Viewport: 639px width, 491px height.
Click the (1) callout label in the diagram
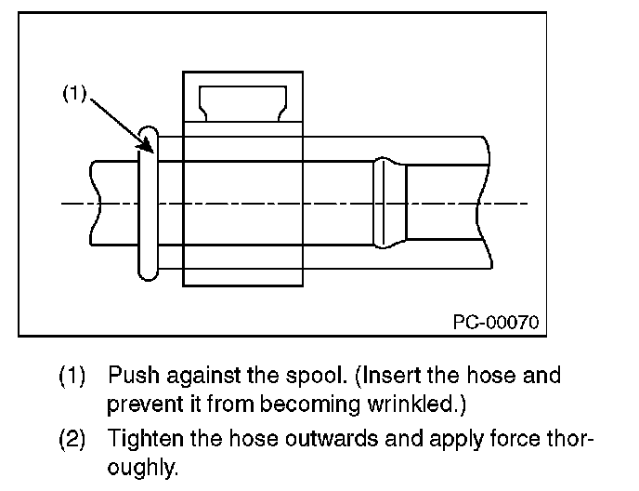coord(73,93)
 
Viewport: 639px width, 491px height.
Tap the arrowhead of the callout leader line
coord(149,145)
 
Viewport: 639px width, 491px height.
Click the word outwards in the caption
coord(304,436)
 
